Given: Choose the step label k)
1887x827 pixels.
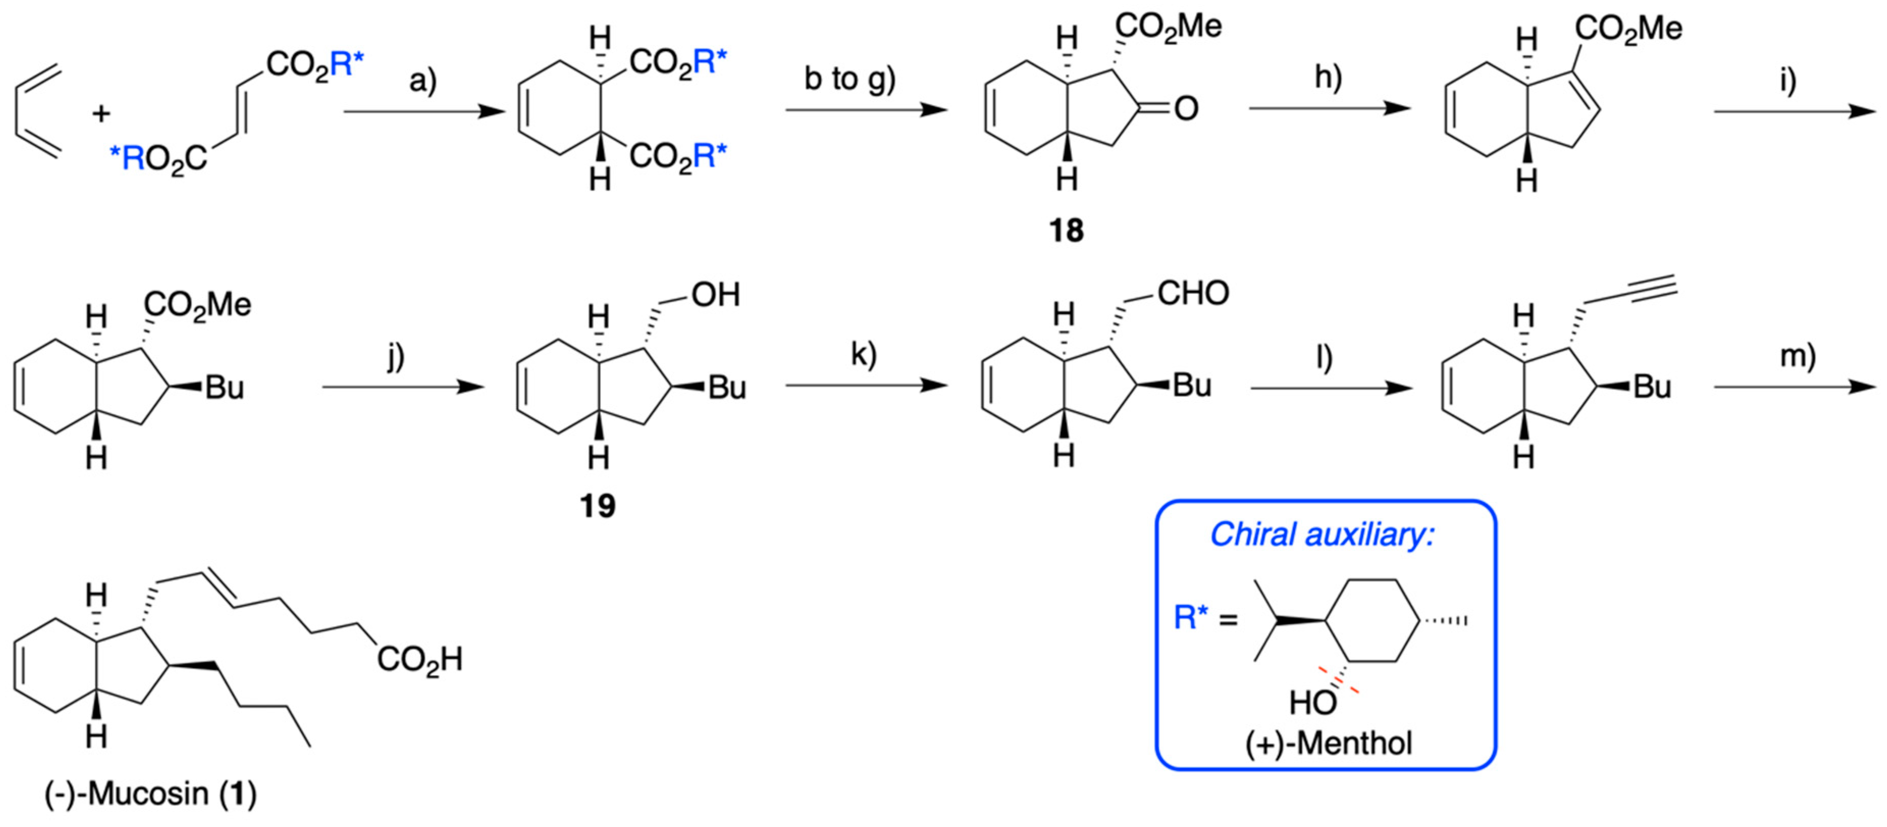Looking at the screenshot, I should pyautogui.click(x=863, y=354).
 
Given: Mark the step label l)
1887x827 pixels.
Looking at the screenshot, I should pyautogui.click(x=1324, y=357).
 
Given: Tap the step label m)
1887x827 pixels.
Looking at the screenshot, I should pyautogui.click(x=1798, y=356).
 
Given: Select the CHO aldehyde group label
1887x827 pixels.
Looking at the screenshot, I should pyautogui.click(x=1193, y=294).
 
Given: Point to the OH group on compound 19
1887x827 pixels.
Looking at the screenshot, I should pyautogui.click(x=716, y=295).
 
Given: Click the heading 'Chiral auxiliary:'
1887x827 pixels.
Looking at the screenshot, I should pyautogui.click(x=1322, y=535).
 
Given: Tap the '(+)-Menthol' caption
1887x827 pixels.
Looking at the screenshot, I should pyautogui.click(x=1328, y=743).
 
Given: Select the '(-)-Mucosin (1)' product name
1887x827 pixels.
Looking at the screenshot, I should pyautogui.click(x=151, y=793).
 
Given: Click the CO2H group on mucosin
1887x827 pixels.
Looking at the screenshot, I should pyautogui.click(x=420, y=659).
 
